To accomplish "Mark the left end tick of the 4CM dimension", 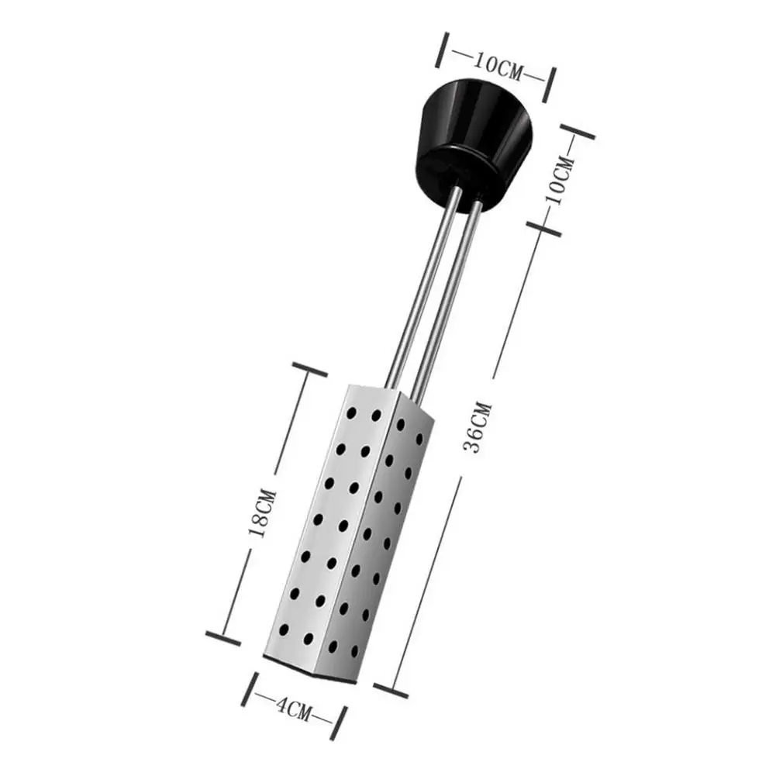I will tap(252, 688).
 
